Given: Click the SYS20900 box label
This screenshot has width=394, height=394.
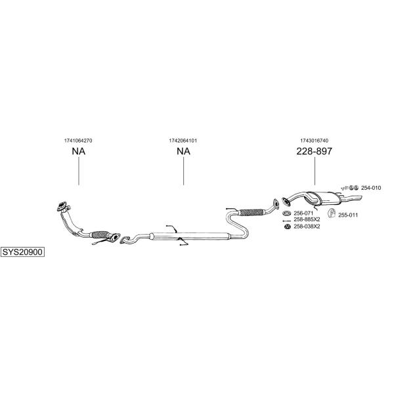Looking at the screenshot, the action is point(22,252).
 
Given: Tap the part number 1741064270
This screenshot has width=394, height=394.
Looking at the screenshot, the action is point(78,141).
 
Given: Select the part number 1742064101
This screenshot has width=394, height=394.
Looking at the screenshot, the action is point(183,141).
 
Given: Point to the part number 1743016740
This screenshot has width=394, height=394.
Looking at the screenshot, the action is point(314,141).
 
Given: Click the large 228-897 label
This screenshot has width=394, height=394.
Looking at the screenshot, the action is point(314,151).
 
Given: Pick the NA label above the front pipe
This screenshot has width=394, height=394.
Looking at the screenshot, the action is point(78,151).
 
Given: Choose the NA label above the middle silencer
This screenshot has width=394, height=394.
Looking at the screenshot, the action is point(183,151).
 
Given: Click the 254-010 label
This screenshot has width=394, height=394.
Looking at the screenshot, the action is point(371,188).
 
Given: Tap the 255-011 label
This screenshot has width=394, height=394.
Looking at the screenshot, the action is point(348,215).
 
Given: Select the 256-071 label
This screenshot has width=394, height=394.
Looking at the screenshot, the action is point(303,213).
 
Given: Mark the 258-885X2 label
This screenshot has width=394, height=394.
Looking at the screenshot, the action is point(307,219).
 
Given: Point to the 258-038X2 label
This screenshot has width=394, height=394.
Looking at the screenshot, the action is point(307,227).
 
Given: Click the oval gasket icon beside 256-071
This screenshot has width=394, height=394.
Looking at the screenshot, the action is point(286,213).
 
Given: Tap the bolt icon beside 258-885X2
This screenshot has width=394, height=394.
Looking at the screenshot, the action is point(286,221).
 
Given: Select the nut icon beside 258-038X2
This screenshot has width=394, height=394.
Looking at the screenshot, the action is point(287,227).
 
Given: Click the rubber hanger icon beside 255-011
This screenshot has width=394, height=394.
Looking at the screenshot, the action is point(332,213).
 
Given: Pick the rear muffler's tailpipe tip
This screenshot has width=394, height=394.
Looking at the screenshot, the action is point(361,198).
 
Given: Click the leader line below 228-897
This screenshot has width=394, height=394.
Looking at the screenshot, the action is point(315,171).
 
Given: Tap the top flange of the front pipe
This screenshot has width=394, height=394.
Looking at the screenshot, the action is point(62,206).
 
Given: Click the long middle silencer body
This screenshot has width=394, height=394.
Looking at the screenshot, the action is point(190,236).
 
